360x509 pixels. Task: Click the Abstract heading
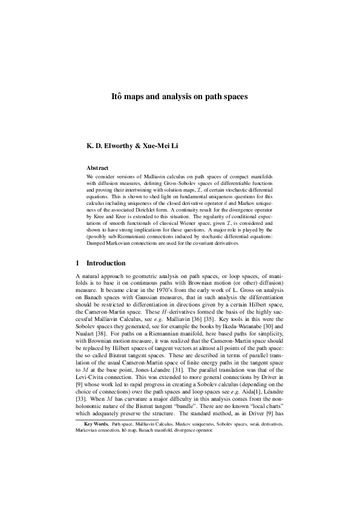pos(97,167)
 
